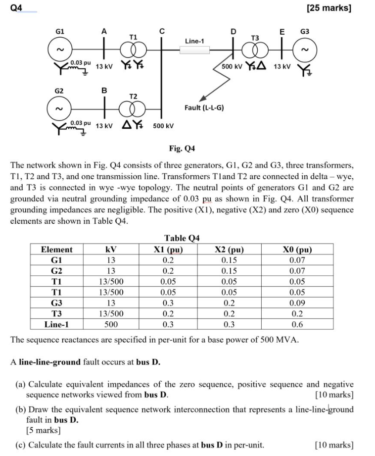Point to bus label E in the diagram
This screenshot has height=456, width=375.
282,32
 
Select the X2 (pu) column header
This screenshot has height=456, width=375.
230,250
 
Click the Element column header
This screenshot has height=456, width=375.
56,250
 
